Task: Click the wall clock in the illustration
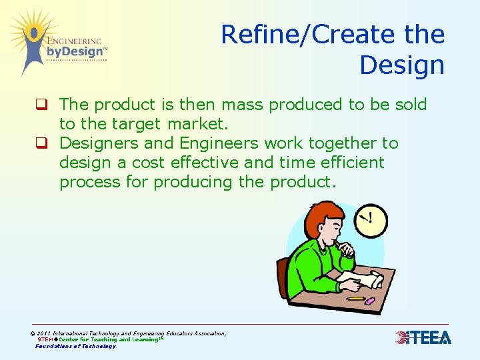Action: pyautogui.click(x=371, y=221)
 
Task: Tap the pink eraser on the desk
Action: pyautogui.click(x=369, y=301)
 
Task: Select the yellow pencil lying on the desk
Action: pyautogui.click(x=355, y=299)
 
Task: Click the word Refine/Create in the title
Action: pyautogui.click(x=301, y=34)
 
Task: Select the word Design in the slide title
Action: pyautogui.click(x=401, y=65)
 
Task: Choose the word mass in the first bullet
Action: pyautogui.click(x=244, y=105)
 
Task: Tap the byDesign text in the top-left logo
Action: pyautogui.click(x=75, y=51)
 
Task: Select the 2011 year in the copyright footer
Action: pyautogui.click(x=45, y=333)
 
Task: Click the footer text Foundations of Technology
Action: pyautogui.click(x=75, y=346)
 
